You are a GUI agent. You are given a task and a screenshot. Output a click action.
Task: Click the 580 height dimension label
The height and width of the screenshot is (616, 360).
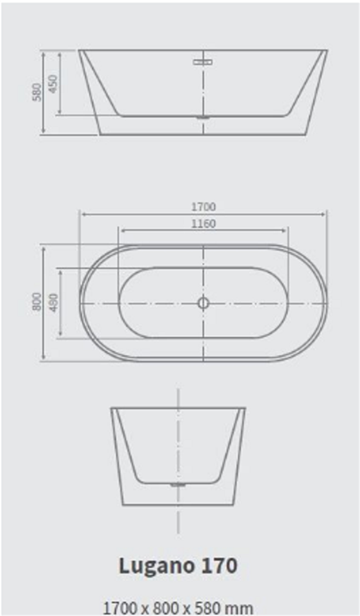click(x=37, y=91)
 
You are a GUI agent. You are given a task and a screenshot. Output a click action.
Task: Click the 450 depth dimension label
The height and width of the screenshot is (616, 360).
click(x=53, y=83)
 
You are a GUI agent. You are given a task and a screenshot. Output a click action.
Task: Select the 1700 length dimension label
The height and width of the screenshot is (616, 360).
click(x=204, y=206)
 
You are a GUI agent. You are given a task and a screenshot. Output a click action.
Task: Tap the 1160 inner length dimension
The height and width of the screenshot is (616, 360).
click(x=204, y=223)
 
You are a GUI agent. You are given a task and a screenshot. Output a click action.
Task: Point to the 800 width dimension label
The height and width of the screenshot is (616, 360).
click(x=37, y=301)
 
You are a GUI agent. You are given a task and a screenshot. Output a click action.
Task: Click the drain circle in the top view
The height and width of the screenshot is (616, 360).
click(x=203, y=303)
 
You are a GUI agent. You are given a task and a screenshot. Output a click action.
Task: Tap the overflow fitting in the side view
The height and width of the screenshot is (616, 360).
click(x=203, y=62)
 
